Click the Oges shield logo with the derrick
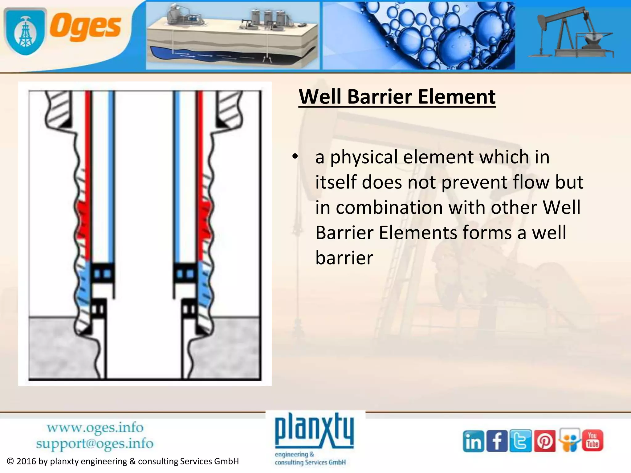(25, 31)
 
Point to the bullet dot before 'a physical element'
(295, 157)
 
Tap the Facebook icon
(497, 441)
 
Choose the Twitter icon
(520, 441)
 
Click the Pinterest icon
(544, 441)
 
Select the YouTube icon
(592, 440)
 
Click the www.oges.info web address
(95, 428)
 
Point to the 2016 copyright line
(123, 461)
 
